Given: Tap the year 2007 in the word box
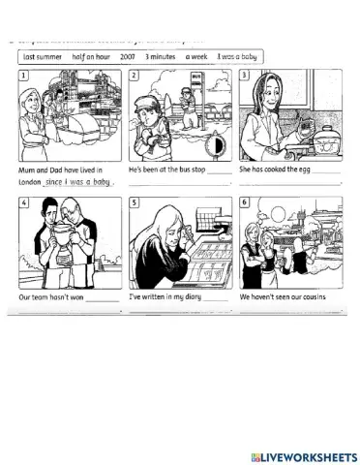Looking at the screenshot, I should (129, 57).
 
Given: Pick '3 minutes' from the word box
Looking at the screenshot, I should (162, 57).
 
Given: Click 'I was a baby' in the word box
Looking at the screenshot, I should (237, 57).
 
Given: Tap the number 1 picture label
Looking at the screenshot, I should (23, 75).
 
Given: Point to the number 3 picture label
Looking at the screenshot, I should (244, 75).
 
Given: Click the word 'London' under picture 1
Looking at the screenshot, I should (31, 181).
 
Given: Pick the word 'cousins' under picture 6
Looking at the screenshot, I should (311, 296).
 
